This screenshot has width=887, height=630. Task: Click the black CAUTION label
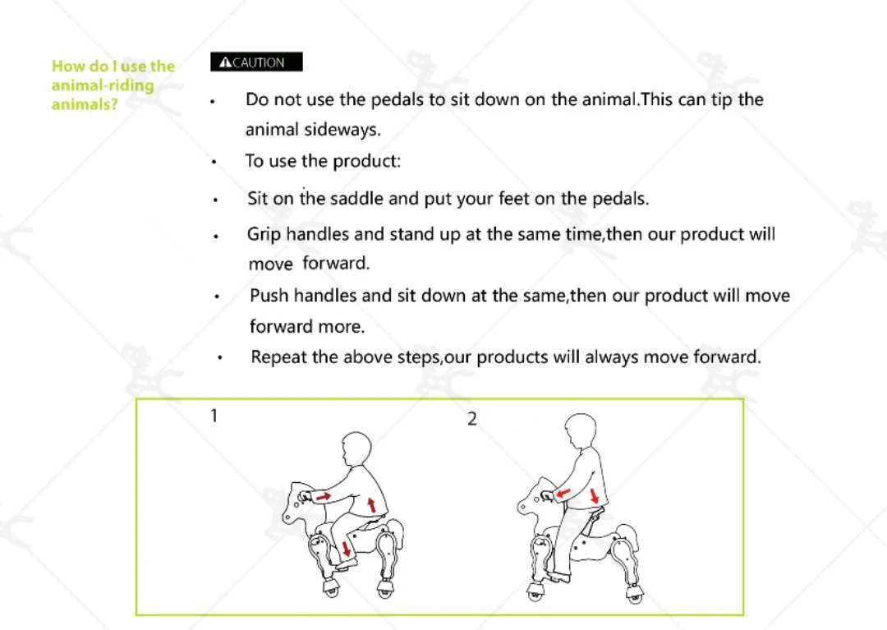point(256,62)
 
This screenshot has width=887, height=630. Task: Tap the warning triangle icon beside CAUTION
point(225,62)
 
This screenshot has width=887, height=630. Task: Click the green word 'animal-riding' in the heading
point(103,85)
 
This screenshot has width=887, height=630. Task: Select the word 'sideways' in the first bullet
point(342,130)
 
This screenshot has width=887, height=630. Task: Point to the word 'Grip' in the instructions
point(264,235)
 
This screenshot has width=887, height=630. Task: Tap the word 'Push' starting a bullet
point(269,296)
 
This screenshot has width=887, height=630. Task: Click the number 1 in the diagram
point(214,416)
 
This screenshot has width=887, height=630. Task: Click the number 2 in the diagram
point(471,419)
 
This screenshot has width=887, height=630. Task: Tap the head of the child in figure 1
point(356,449)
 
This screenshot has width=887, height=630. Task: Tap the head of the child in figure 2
point(581,431)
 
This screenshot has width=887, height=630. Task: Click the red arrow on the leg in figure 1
point(347,547)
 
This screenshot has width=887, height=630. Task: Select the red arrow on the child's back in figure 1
point(371,504)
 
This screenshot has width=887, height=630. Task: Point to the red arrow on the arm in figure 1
point(324,497)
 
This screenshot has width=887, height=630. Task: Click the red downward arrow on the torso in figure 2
point(594,496)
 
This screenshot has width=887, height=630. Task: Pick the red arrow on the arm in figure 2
point(563,494)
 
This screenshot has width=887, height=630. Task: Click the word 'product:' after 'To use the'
point(366,162)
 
